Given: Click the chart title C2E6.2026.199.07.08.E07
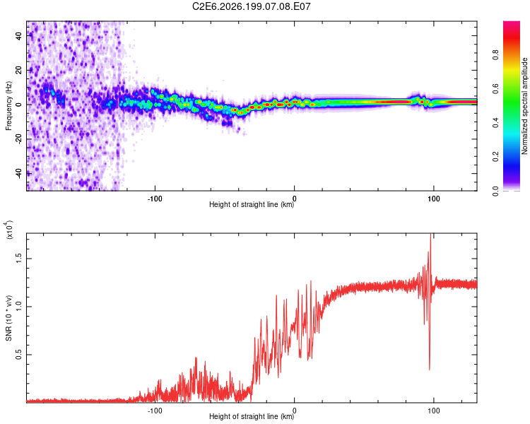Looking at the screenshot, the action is (251, 6).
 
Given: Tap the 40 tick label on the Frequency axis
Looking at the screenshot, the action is (19, 35).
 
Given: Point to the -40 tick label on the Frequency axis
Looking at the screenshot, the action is (19, 174).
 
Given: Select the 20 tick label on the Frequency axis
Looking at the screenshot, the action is (19, 70).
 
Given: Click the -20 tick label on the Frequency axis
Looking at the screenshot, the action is (19, 139).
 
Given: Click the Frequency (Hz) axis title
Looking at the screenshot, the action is (8, 106).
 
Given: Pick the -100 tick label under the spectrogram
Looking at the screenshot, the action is (155, 199).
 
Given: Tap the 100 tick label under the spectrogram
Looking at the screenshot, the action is (434, 199).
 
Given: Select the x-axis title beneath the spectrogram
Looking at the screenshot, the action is (252, 204).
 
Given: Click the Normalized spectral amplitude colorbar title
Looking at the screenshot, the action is (524, 106).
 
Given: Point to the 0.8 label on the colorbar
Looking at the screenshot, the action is (495, 55).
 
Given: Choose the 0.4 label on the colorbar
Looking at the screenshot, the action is (495, 123).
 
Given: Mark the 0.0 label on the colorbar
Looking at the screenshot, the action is (495, 191).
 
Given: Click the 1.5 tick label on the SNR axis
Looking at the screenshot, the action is (19, 259).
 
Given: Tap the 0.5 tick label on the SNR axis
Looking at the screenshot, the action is (19, 355).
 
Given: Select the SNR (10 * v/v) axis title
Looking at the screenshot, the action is (8, 318).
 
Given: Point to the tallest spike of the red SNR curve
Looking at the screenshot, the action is (430, 234).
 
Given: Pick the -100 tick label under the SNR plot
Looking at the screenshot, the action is (155, 411).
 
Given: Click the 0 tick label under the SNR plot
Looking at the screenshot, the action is (295, 411).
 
